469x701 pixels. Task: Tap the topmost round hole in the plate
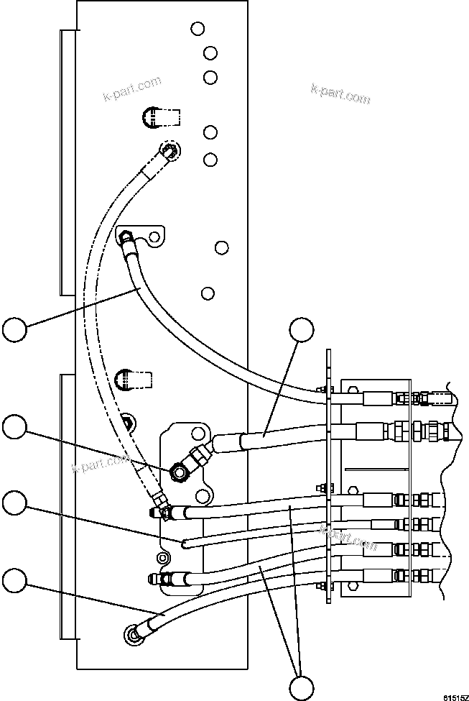tap(198, 29)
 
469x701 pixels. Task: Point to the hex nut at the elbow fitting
tap(177, 472)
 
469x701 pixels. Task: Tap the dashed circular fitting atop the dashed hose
tap(169, 150)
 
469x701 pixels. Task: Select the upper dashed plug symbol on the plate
tap(152, 116)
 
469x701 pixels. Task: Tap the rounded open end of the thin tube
tap(185, 543)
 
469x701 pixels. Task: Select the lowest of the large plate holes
tap(208, 293)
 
